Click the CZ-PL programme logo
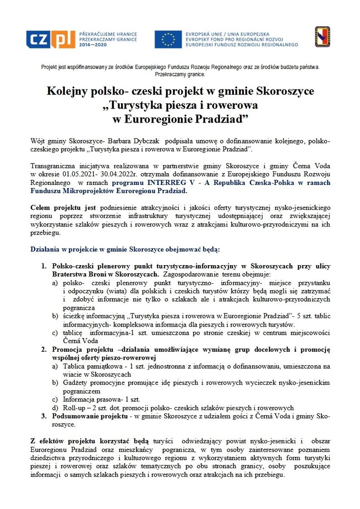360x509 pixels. click(x=50, y=39)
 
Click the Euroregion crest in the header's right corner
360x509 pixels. click(x=322, y=37)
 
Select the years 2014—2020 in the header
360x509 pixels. click(x=93, y=44)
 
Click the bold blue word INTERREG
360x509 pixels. click(x=165, y=183)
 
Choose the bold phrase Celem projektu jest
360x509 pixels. click(x=64, y=207)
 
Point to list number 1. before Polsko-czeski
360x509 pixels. click(x=43, y=266)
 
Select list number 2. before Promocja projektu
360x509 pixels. click(x=43, y=350)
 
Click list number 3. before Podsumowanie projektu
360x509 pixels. click(x=43, y=416)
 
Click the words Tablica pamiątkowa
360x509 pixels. click(x=89, y=366)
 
